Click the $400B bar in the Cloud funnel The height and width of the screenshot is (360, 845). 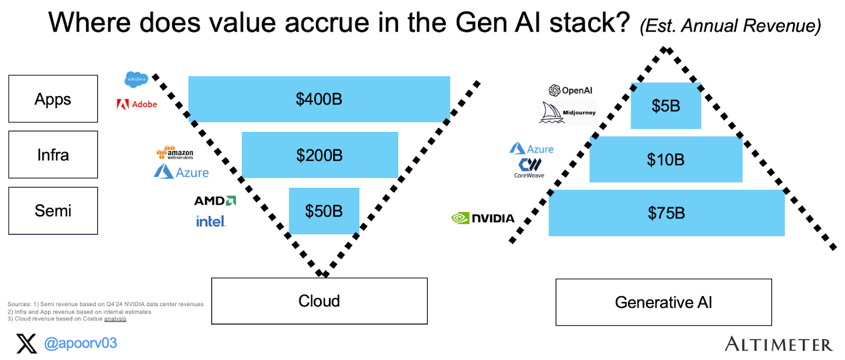click(319, 99)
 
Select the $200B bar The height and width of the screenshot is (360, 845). click(320, 155)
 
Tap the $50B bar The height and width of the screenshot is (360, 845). click(324, 211)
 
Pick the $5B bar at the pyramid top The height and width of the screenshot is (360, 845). click(665, 106)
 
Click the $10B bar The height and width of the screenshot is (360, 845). click(665, 159)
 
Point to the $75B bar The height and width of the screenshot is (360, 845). click(666, 213)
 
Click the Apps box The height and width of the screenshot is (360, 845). click(53, 99)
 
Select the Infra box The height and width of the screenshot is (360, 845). click(53, 155)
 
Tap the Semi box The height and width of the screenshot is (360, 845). click(53, 211)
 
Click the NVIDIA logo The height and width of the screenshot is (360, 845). click(483, 218)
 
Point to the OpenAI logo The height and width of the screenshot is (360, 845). click(570, 90)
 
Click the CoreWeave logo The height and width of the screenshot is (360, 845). click(529, 168)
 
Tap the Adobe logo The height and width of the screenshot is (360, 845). click(137, 105)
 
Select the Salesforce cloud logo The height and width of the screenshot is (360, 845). click(136, 79)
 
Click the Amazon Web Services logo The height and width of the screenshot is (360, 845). click(175, 153)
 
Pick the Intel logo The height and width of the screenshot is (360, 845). click(211, 222)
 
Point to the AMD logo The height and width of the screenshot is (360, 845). click(215, 201)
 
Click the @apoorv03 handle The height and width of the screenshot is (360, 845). click(80, 343)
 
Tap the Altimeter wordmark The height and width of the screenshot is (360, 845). click(778, 344)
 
